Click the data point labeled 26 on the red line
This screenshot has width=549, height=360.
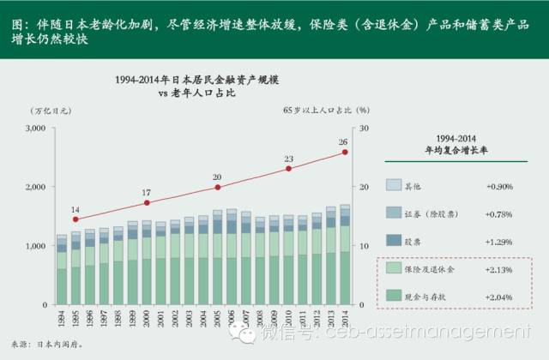[x=345, y=152]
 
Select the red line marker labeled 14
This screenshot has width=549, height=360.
[x=75, y=219]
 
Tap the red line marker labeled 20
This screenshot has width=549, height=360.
[x=217, y=187]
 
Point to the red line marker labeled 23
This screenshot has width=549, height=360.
[x=288, y=169]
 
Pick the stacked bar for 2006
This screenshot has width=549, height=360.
[x=231, y=258]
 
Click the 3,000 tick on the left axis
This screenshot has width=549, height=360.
[x=33, y=128]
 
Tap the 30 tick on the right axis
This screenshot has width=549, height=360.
[x=364, y=128]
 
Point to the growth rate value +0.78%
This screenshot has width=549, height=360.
[x=501, y=213]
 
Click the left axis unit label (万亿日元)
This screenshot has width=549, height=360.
[x=50, y=111]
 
